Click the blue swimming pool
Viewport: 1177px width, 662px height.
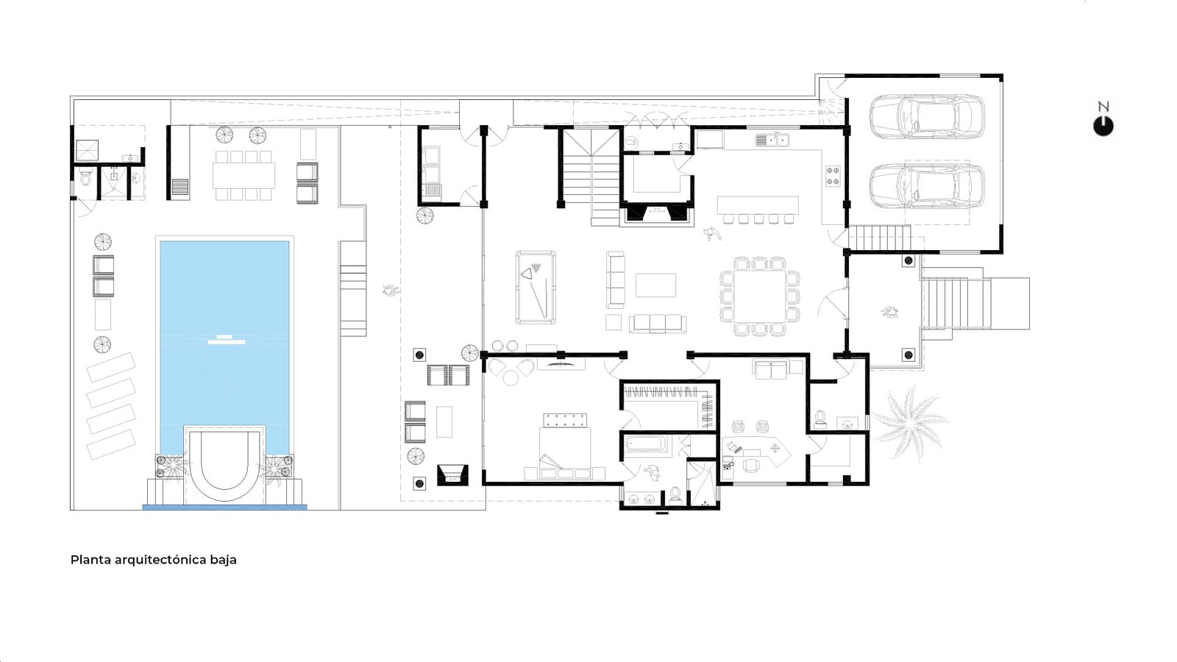pyautogui.click(x=224, y=336)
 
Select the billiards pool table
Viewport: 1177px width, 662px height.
pyautogui.click(x=536, y=288)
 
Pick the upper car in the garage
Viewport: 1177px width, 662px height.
pyautogui.click(x=927, y=117)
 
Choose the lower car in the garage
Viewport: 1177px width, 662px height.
pyautogui.click(x=927, y=186)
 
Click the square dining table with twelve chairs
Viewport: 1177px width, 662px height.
pyautogui.click(x=759, y=296)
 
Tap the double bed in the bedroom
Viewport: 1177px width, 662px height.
pyautogui.click(x=564, y=446)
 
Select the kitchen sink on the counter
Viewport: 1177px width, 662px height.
pyautogui.click(x=772, y=140)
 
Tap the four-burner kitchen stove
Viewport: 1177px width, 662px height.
pyautogui.click(x=832, y=176)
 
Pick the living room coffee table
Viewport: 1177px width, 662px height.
pyautogui.click(x=655, y=285)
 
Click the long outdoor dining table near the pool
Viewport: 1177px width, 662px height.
pyautogui.click(x=243, y=175)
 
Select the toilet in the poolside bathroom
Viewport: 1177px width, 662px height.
pyautogui.click(x=85, y=177)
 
